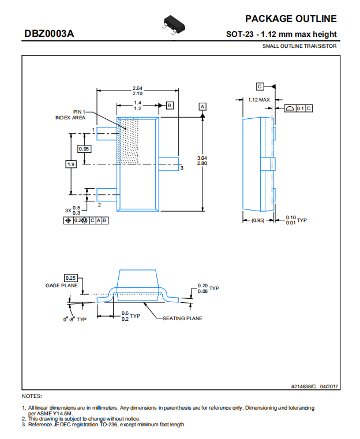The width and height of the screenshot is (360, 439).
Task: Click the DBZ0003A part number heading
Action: pos(49,33)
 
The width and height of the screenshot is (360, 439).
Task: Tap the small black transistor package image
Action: pos(174,25)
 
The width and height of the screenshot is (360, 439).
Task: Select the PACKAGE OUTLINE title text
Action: pos(291,19)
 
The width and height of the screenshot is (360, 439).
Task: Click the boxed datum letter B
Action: pos(170,106)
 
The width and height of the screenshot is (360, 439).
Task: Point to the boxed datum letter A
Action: pos(202,107)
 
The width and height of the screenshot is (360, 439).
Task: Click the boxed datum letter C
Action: pos(260,87)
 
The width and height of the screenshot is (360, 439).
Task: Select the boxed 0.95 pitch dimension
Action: pos(84,149)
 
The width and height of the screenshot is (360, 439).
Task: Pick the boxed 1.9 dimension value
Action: pos(71,164)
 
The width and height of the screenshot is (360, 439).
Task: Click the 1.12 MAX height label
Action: pos(259,100)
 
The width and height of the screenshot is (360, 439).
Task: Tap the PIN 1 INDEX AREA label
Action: pos(70,115)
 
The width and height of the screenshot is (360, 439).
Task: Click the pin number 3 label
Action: pos(182,168)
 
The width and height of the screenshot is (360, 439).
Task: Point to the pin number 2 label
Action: pos(99,205)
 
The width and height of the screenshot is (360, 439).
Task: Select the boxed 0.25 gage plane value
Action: pos(70,278)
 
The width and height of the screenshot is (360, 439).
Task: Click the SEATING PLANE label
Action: pos(182,318)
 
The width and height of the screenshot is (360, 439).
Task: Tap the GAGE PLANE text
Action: pos(62,286)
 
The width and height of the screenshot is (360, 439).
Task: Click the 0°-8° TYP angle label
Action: pos(75,320)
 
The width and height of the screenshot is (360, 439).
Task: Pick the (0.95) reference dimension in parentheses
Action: pos(258,220)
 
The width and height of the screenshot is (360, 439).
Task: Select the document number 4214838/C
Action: pos(303,387)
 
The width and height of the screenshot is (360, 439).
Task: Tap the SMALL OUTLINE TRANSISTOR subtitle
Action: pos(299,46)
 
